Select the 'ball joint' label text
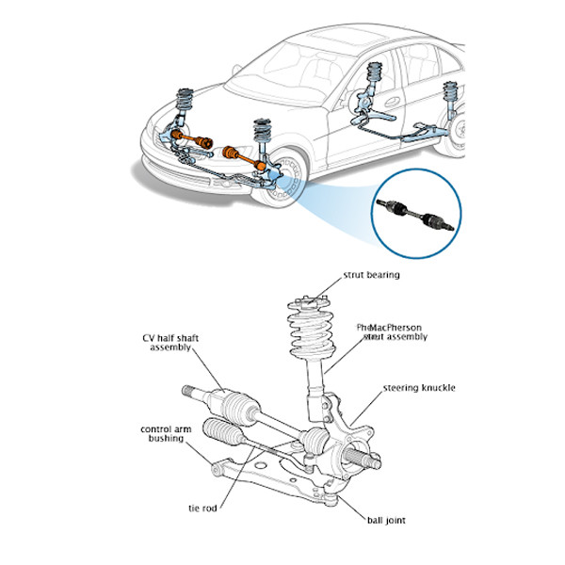(387, 519)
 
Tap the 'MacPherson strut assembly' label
(395, 331)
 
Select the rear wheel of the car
(461, 133)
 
